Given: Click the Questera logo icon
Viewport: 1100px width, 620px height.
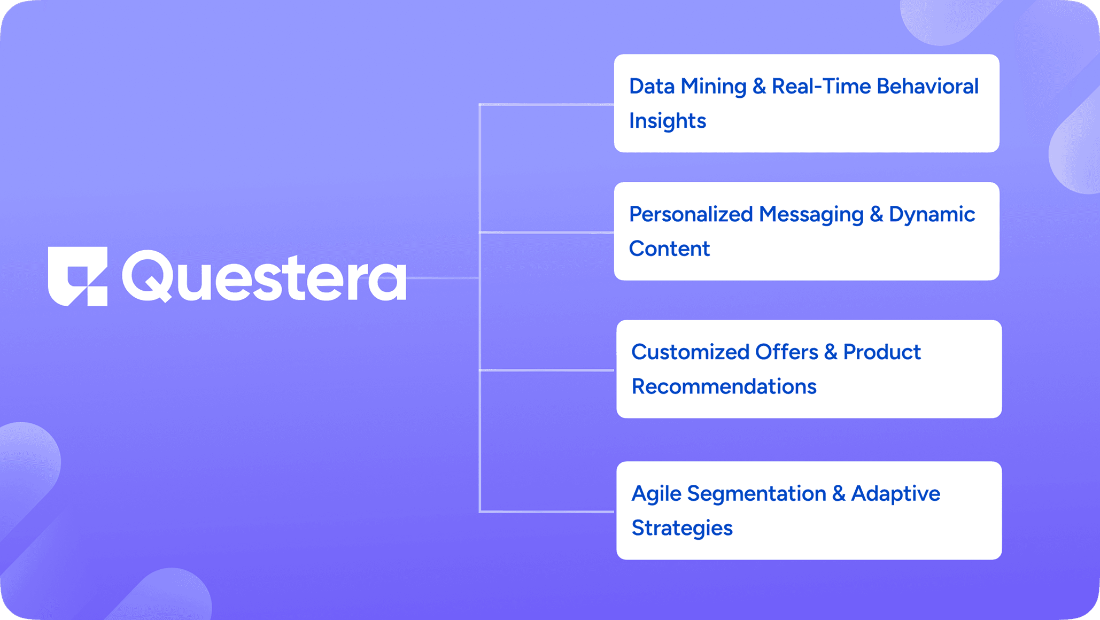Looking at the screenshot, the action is point(78,276).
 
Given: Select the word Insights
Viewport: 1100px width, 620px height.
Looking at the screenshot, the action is point(668,121).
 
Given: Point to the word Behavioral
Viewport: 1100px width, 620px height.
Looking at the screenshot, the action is point(928,86).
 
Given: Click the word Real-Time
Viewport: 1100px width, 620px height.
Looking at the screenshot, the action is point(822,86).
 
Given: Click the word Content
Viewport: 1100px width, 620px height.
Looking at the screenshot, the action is point(669,249).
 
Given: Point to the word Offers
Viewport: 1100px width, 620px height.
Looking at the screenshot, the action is point(787,352).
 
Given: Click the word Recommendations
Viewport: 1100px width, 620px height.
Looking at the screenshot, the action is point(724,386).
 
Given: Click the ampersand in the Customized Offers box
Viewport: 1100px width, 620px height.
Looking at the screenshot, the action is point(831,352).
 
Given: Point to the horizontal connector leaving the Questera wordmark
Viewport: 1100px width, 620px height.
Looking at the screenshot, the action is point(443,278).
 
